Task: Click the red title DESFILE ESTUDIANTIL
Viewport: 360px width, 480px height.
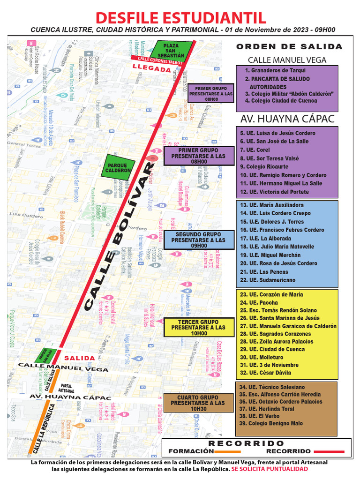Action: tap(181, 17)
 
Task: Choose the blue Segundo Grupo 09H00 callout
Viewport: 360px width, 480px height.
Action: tap(198, 240)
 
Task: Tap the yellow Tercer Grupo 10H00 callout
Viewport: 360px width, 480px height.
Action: tap(198, 328)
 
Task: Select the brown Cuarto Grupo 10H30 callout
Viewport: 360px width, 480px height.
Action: tap(198, 403)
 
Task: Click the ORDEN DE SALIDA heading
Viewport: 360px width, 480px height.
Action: tap(289, 47)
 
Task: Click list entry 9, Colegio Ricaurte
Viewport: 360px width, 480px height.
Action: tap(264, 166)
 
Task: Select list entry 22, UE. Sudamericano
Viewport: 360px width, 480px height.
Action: tap(268, 280)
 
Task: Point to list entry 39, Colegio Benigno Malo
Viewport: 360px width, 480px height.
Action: tap(271, 423)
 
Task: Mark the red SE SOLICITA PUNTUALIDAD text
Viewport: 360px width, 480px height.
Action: tap(270, 469)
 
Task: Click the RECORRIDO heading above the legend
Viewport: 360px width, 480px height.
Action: tap(246, 443)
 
